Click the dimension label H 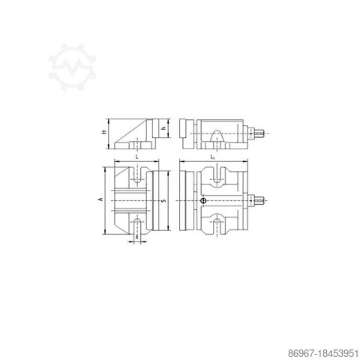click(104, 132)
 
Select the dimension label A click(99, 200)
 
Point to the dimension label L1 click(213, 157)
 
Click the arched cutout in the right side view click(217, 136)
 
